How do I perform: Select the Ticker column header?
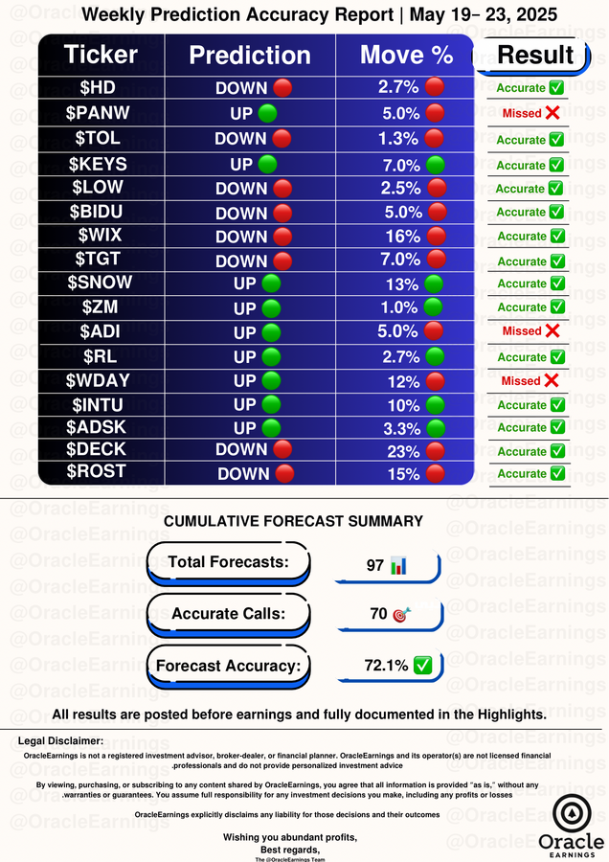[x=101, y=55]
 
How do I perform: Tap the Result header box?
[x=535, y=55]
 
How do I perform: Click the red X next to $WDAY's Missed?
[x=552, y=380]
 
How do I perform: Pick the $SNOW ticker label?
[x=101, y=283]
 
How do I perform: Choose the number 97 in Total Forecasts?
[x=374, y=566]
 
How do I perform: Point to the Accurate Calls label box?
[x=229, y=614]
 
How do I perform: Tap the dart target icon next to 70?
[x=401, y=614]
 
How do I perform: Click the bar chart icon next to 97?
[x=399, y=566]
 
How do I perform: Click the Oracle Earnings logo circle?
[x=572, y=813]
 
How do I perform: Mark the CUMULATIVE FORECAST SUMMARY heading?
[x=293, y=522]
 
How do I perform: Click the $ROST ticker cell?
[x=101, y=471]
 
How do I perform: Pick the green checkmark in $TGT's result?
[x=556, y=261]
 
